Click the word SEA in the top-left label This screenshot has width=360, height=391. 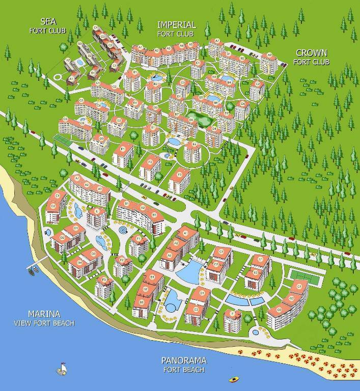click(48, 21)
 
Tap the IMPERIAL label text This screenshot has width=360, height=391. click(176, 25)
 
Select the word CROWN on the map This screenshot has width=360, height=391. click(311, 53)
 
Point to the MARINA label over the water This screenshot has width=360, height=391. click(44, 314)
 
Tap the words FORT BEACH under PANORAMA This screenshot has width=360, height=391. click(184, 370)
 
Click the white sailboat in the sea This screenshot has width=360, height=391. click(62, 369)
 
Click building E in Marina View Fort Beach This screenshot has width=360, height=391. click(96, 217)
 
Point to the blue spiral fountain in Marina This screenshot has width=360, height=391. click(123, 231)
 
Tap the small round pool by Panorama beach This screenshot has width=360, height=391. click(255, 332)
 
